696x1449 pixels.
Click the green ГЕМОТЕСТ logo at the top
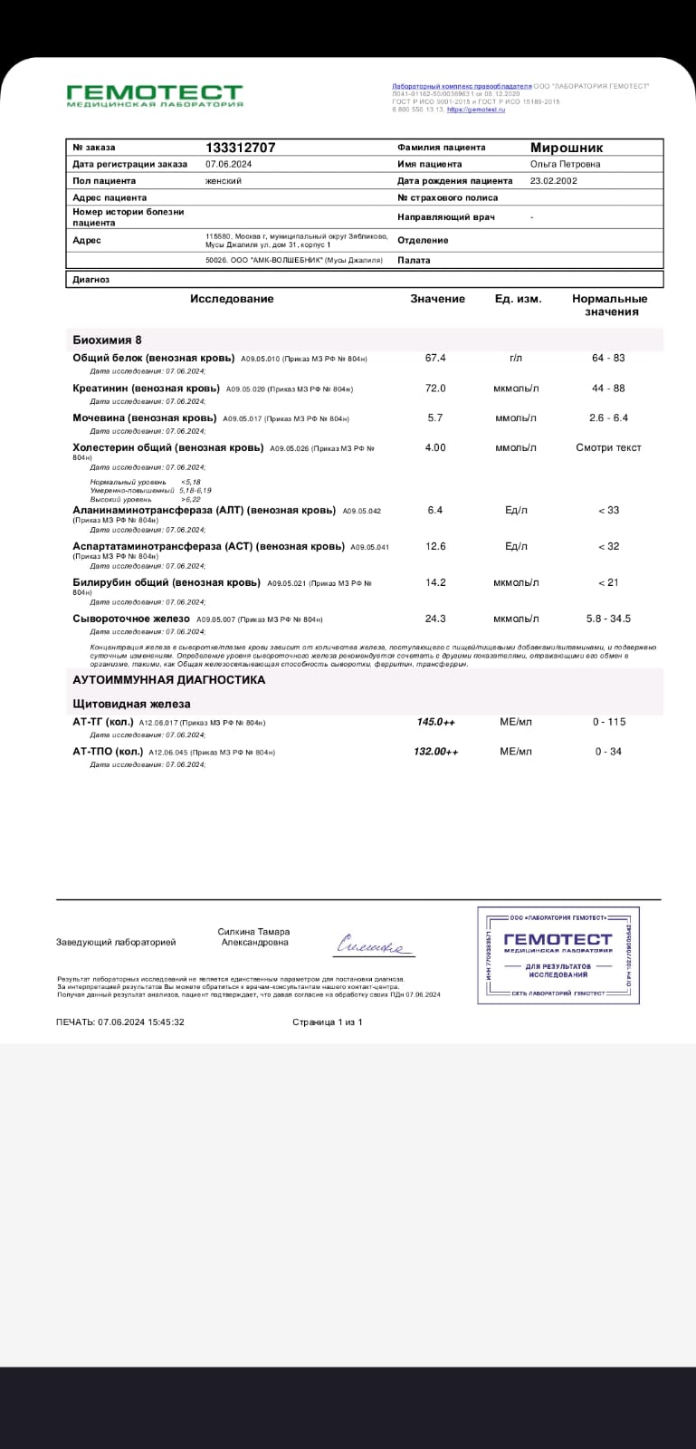coord(155,94)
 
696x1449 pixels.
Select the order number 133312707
coord(241,148)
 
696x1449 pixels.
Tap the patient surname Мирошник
coord(566,148)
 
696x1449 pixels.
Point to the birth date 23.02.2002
coord(553,180)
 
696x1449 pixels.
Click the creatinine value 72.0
coord(435,389)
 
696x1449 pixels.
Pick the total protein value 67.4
coord(435,358)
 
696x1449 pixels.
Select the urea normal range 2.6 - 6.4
coord(608,417)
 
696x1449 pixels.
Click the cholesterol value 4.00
coord(435,447)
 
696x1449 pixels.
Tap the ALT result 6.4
coord(435,510)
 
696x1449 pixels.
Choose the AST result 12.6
coord(435,546)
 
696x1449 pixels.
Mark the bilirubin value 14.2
coord(435,582)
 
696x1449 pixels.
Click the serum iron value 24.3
coord(435,619)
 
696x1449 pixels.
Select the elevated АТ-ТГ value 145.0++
coord(435,722)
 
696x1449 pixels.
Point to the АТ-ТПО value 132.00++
coord(435,752)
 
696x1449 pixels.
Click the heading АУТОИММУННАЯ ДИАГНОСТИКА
coord(169,679)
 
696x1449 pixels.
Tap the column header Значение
coord(437,299)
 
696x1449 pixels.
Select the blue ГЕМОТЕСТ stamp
coord(557,955)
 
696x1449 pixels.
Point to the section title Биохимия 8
coord(107,340)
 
